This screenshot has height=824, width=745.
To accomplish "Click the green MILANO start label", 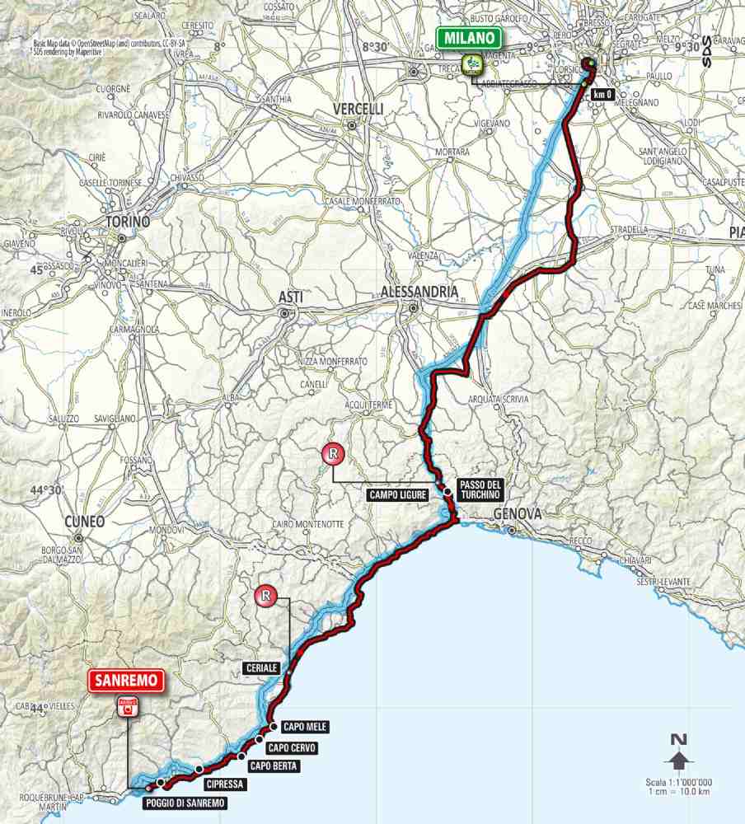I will click(469, 38).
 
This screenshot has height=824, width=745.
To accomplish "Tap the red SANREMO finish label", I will click(128, 681).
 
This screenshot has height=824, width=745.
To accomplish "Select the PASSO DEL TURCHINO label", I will click(477, 489).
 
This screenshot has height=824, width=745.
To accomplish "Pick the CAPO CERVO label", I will click(292, 747).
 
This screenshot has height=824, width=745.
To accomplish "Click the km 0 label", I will click(603, 95).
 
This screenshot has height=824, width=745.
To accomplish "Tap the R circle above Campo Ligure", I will click(333, 452).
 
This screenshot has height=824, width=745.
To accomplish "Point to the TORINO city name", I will click(127, 222).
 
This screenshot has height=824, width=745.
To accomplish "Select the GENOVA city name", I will click(518, 514).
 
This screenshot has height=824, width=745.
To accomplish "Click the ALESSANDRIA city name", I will click(420, 292).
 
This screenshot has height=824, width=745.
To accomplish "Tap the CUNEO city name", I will click(83, 521).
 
